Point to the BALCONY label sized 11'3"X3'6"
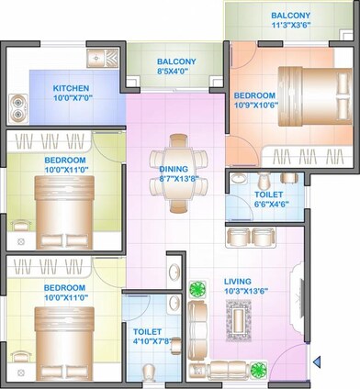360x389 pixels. click(x=290, y=16)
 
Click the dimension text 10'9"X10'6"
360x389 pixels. click(x=253, y=106)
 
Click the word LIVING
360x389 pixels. click(x=238, y=282)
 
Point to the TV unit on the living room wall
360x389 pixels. click(x=298, y=294)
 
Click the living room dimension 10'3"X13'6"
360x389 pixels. click(x=243, y=293)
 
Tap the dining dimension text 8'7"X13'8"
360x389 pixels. click(x=173, y=179)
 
